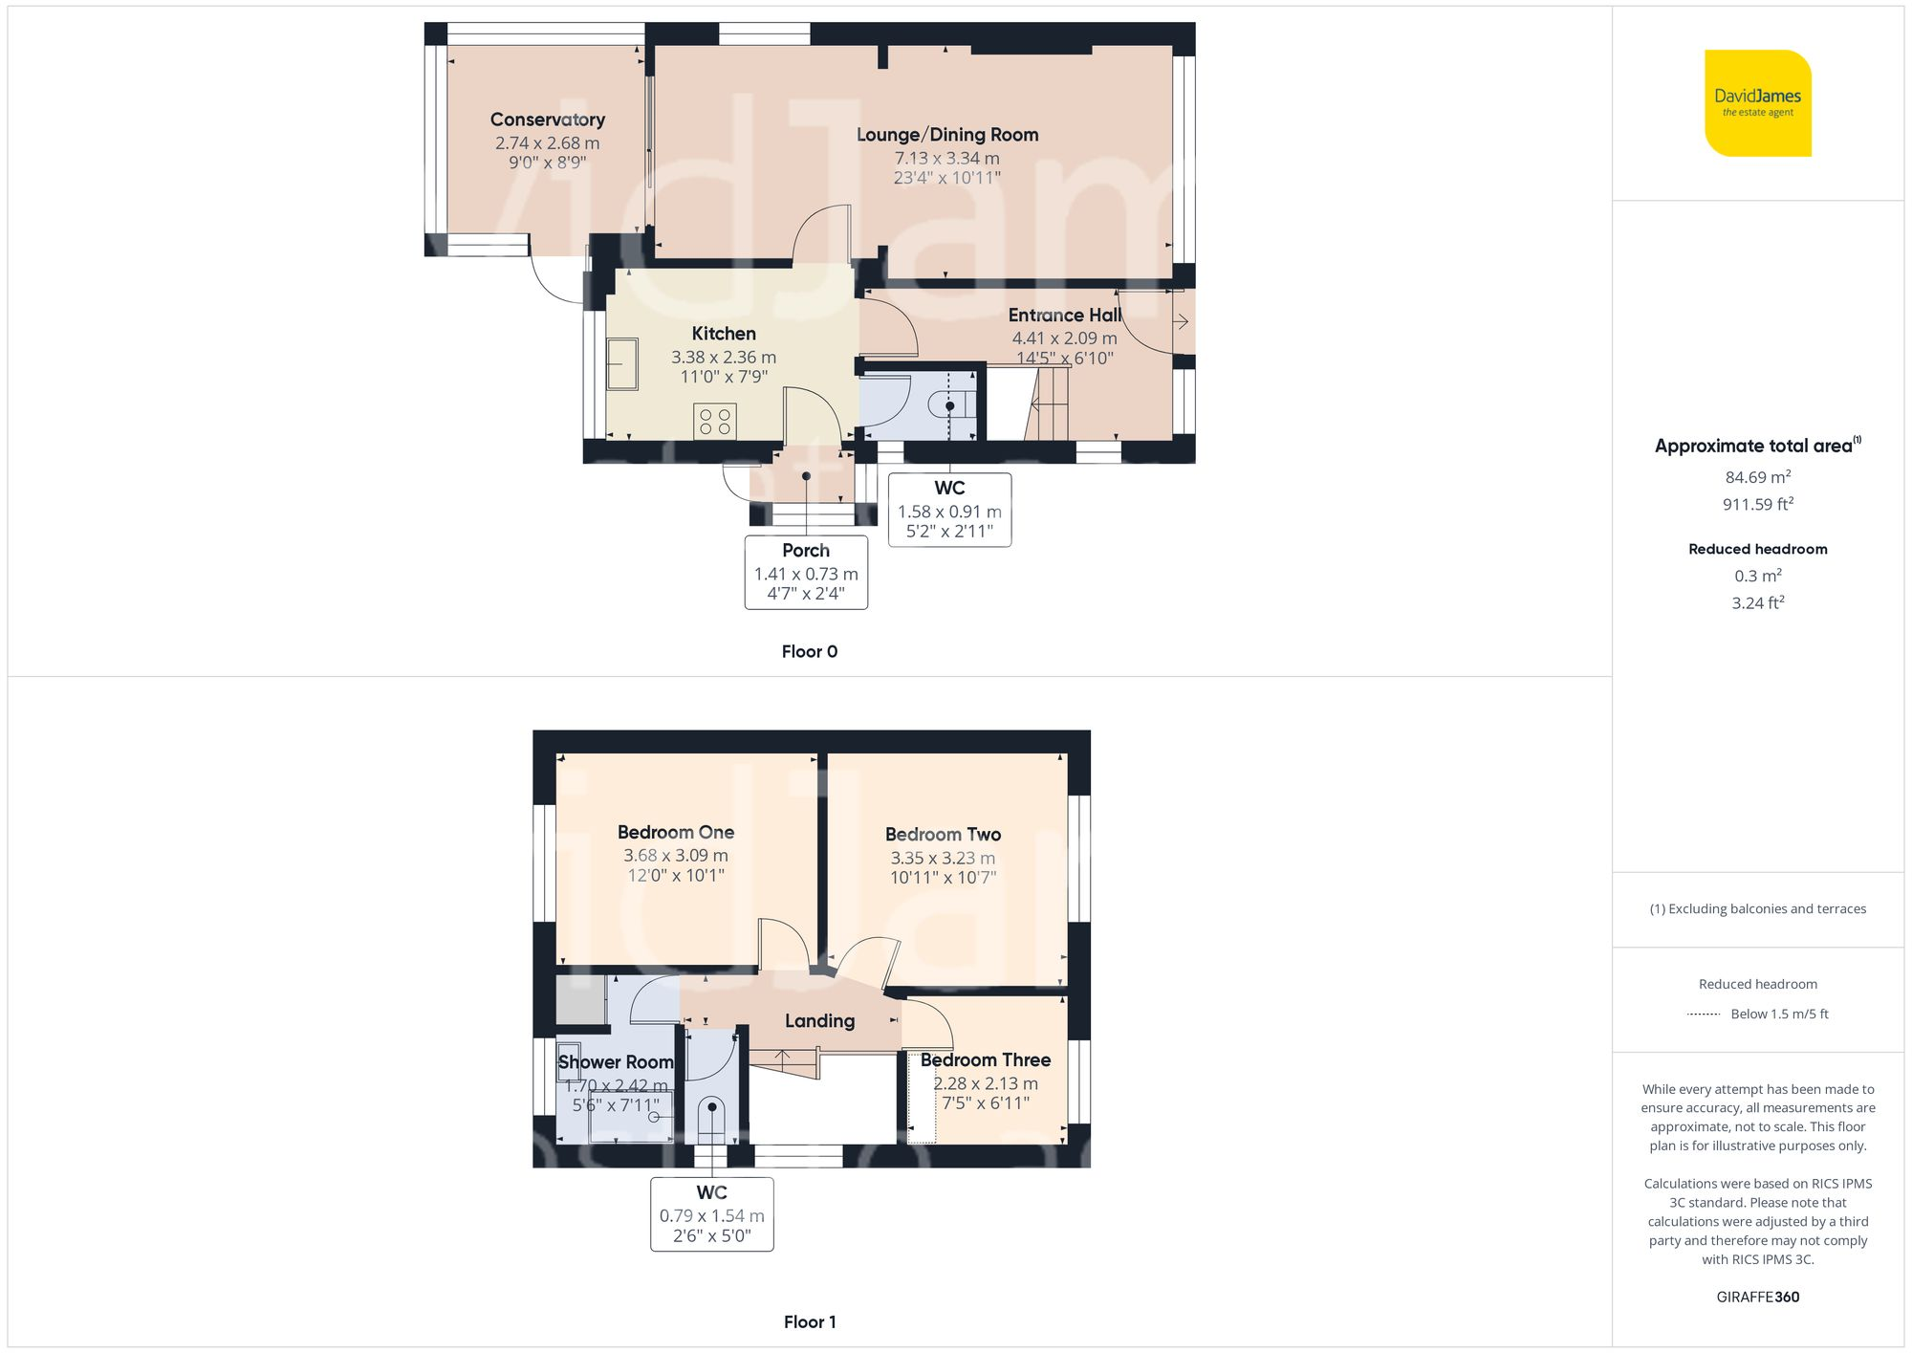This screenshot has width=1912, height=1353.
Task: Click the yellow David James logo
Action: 1757,103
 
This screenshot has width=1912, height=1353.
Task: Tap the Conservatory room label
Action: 547,120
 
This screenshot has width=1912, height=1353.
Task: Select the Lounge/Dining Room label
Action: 946,135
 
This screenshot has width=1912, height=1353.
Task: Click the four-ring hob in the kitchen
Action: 715,422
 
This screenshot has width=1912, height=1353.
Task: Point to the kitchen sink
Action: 622,363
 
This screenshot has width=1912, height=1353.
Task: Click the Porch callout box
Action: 806,572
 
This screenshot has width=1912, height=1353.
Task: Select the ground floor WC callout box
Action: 949,510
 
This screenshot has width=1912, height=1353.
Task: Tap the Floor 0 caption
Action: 809,652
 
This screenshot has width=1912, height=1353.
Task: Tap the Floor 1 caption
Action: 809,1322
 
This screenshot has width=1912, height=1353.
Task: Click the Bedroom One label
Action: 675,833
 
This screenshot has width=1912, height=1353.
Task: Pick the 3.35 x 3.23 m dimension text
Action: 943,859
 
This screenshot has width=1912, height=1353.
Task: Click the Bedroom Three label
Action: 985,1060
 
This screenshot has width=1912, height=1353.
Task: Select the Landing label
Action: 819,1021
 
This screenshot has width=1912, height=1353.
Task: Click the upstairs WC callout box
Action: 711,1214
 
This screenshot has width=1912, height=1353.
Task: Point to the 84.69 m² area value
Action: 1757,477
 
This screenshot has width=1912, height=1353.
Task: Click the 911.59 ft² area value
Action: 1757,504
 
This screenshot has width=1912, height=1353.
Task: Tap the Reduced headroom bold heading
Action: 1757,549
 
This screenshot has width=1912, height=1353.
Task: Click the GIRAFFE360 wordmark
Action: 1757,1298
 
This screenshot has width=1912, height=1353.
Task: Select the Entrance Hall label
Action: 1064,316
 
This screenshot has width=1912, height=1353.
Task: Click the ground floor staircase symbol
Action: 1049,405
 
